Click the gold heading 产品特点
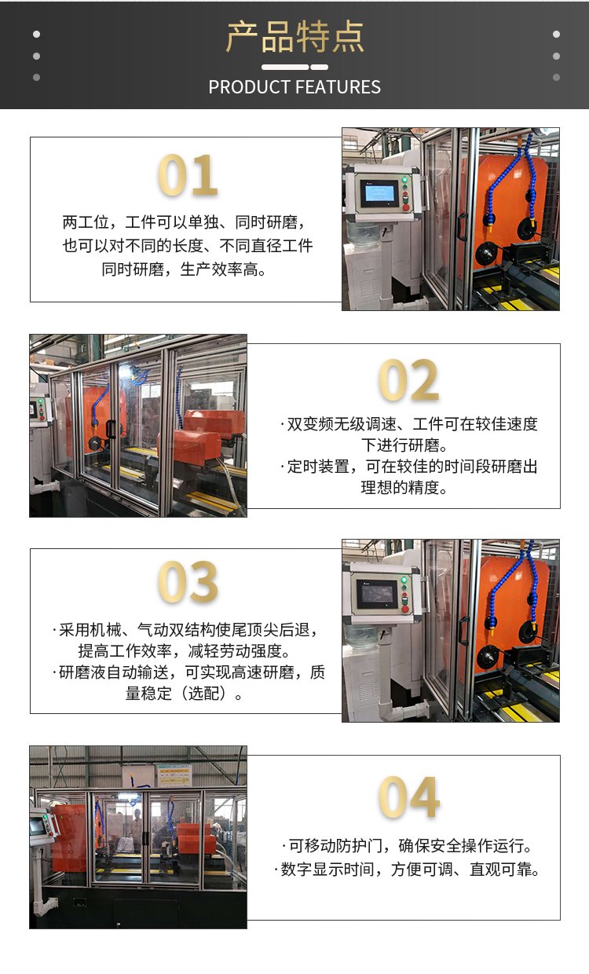(294, 37)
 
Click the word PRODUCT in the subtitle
(249, 87)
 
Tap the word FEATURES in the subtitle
(339, 87)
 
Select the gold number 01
(188, 175)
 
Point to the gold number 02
(408, 380)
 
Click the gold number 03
(188, 582)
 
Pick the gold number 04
(408, 797)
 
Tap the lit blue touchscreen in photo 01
(379, 192)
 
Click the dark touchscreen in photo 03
(377, 594)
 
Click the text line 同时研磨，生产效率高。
(184, 269)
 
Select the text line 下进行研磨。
(404, 445)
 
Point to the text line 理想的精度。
(404, 488)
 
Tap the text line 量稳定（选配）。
(184, 693)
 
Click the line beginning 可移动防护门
(407, 846)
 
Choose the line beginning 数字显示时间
(407, 870)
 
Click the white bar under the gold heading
(294, 67)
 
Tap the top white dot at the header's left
(36, 34)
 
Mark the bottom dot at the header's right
(556, 78)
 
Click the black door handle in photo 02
(111, 429)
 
